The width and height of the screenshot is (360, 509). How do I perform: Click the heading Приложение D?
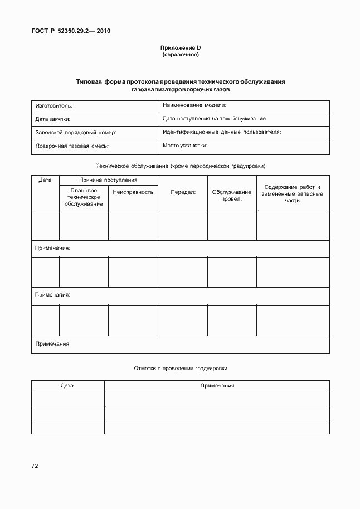click(180, 49)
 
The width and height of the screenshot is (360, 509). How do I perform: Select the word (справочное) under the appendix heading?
click(180, 55)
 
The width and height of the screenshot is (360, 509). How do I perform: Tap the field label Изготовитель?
click(54, 105)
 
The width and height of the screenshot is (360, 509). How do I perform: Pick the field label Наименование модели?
click(194, 105)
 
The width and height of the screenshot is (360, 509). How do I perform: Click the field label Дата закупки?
click(53, 119)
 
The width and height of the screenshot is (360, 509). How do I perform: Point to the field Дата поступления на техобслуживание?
click(215, 119)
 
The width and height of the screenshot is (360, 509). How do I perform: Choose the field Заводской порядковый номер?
click(75, 133)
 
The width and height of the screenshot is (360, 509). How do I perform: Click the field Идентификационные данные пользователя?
click(221, 132)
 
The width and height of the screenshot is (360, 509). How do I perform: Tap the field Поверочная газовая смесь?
click(71, 146)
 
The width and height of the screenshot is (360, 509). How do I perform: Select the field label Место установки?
click(185, 146)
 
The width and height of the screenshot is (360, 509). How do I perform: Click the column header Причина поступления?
click(108, 180)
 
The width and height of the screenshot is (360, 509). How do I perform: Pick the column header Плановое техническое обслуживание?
click(84, 197)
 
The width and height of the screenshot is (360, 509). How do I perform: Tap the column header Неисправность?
click(133, 192)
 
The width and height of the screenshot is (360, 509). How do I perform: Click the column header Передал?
click(182, 192)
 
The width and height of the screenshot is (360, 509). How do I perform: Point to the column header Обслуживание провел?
click(232, 195)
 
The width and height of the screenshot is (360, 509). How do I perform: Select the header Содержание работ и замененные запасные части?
click(292, 193)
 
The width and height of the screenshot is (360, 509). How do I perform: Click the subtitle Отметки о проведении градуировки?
click(181, 369)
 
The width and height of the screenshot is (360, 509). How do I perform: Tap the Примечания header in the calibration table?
click(217, 386)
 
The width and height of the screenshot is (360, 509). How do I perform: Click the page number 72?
click(35, 464)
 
